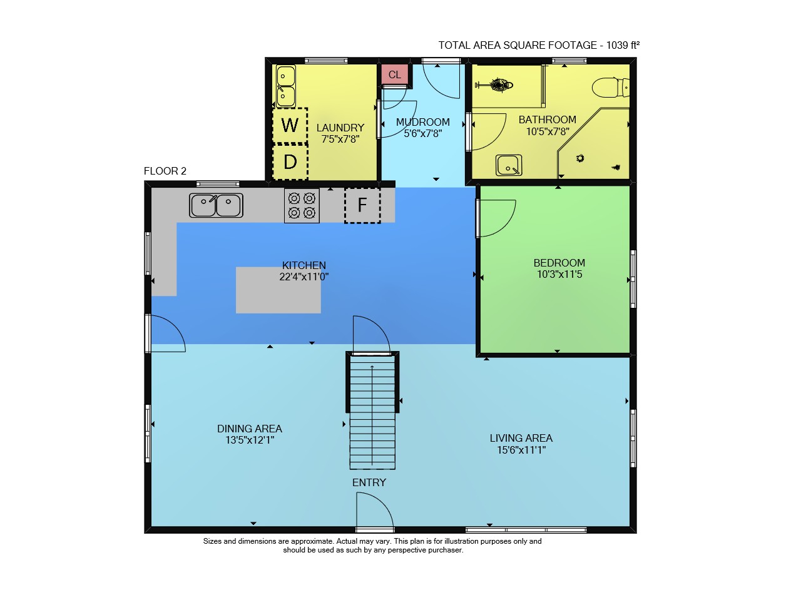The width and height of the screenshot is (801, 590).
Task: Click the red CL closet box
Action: tap(394, 74)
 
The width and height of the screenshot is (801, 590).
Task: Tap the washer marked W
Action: tap(290, 126)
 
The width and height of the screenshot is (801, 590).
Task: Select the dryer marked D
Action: tap(290, 162)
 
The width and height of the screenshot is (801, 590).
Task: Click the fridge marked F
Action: tap(362, 205)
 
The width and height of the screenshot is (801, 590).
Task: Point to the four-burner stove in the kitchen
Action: tap(302, 206)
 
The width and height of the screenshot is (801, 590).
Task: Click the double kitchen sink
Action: tap(216, 205)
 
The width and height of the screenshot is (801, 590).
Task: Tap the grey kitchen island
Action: tap(278, 290)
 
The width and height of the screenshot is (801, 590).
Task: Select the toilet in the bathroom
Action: tap(610, 87)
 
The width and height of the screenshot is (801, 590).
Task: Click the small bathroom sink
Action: tap(509, 165)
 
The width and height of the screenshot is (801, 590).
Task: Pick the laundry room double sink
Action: tap(286, 86)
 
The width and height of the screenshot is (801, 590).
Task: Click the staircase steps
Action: tap(372, 412)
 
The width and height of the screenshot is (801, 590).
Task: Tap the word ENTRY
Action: tap(369, 483)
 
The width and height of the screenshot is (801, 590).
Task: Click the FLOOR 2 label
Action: tap(165, 171)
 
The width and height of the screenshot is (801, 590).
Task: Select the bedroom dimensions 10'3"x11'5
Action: tap(559, 274)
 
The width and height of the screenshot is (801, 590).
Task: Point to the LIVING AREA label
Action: tap(521, 438)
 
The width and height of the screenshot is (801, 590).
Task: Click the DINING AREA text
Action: tap(250, 429)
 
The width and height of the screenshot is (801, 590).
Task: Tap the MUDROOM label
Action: tap(422, 122)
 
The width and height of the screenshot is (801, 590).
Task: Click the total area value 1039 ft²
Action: tap(623, 45)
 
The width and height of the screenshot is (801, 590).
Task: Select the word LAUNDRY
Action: tap(340, 128)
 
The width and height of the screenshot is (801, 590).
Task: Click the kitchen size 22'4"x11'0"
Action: tap(304, 277)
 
